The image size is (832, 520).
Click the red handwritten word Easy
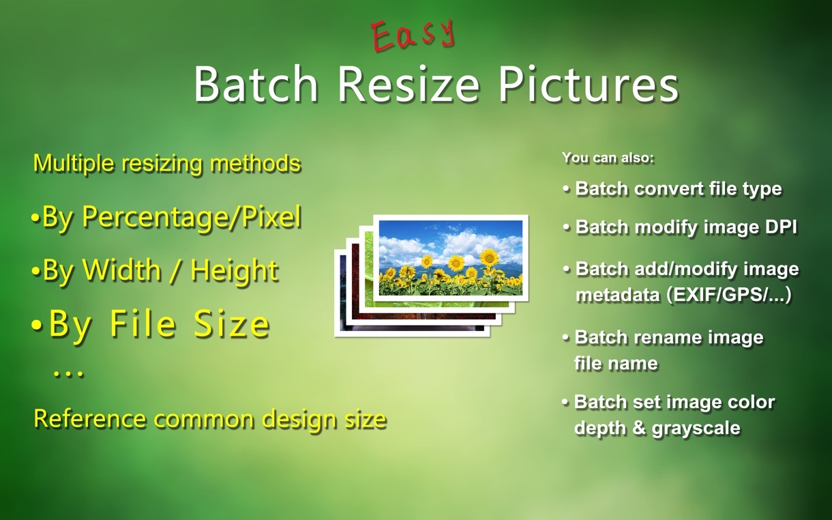tap(413, 35)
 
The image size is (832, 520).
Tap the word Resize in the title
tap(408, 85)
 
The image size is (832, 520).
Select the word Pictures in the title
tap(588, 85)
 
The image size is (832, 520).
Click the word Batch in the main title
tap(256, 85)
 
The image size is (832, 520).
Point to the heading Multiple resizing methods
tap(167, 163)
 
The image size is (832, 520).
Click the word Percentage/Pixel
tap(192, 218)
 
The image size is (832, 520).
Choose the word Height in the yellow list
tap(235, 271)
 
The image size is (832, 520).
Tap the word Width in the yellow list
tap(122, 270)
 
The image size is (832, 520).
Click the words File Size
tap(190, 323)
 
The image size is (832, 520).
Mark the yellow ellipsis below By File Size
tap(69, 374)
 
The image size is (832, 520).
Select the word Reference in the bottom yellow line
tap(90, 418)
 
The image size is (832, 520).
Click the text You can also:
tap(608, 158)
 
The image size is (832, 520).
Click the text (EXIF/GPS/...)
tap(729, 295)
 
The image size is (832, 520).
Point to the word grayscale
tap(696, 428)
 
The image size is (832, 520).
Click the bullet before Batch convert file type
tap(566, 189)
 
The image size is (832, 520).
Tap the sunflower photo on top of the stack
tap(451, 258)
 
